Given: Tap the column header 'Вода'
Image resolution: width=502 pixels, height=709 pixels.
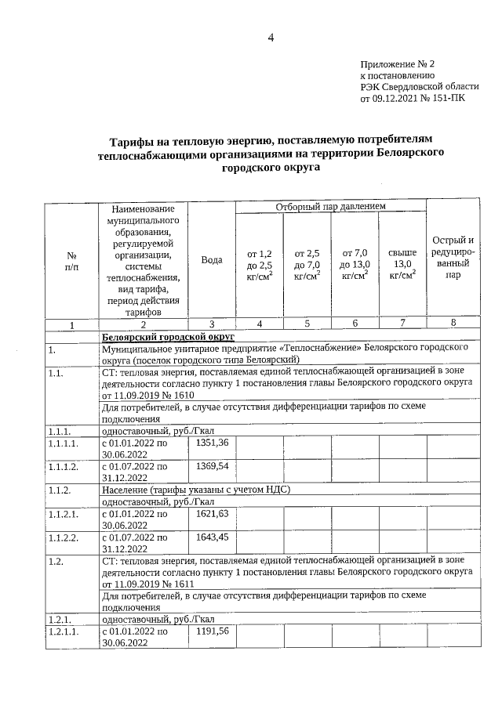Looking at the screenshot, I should point(212,260).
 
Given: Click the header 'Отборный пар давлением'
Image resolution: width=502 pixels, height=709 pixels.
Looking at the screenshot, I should point(330,206).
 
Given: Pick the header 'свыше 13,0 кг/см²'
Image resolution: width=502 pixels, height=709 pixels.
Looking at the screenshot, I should point(402,264).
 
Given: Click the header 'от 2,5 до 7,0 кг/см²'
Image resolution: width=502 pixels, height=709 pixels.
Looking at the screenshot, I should point(307,264).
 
